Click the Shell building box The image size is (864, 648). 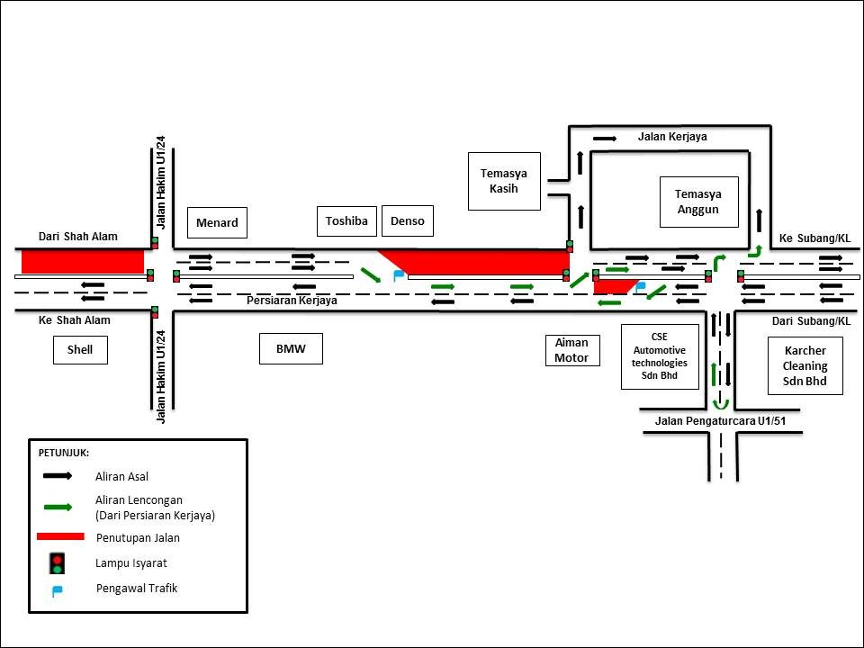[x=80, y=349]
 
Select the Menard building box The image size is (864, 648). [x=217, y=222]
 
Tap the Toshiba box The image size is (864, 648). [x=346, y=220]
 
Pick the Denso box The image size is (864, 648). [x=407, y=220]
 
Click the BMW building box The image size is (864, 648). [x=292, y=349]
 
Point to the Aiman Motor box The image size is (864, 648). [x=571, y=350]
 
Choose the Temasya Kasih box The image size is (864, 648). [x=504, y=181]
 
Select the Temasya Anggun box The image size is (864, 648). [x=698, y=202]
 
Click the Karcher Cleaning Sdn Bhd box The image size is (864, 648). [x=805, y=365]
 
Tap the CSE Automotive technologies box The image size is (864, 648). [x=660, y=356]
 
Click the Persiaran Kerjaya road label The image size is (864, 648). [x=292, y=301]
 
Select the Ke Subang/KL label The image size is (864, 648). [x=814, y=238]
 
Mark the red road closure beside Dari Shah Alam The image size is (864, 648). [x=83, y=261]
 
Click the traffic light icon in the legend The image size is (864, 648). [x=57, y=562]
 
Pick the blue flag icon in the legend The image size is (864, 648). [x=57, y=590]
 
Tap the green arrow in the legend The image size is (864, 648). [x=57, y=507]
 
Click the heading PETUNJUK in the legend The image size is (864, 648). [x=64, y=452]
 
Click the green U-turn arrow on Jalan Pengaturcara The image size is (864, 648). [x=716, y=402]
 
